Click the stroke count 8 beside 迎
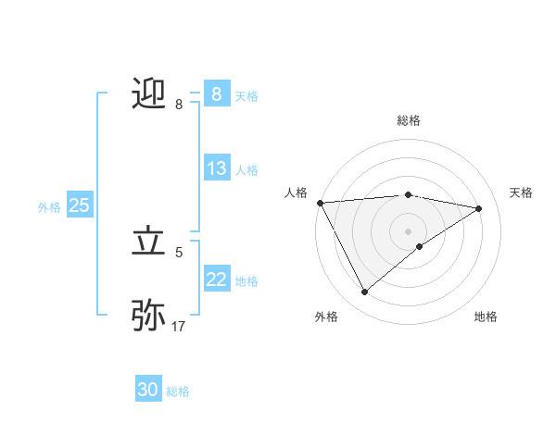[x=179, y=105]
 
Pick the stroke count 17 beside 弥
[x=179, y=326]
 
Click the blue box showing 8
[x=216, y=93]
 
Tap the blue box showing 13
[x=216, y=168]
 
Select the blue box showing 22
[x=216, y=280]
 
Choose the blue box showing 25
[x=79, y=205]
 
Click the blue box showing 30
[x=148, y=390]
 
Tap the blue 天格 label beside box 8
[x=246, y=95]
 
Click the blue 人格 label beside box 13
[x=246, y=170]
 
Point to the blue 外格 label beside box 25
[x=49, y=207]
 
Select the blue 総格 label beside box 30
[x=178, y=391]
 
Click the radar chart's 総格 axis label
[x=409, y=120]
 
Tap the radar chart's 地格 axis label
[x=486, y=317]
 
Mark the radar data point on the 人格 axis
[x=320, y=202]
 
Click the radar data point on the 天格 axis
[x=479, y=208]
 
